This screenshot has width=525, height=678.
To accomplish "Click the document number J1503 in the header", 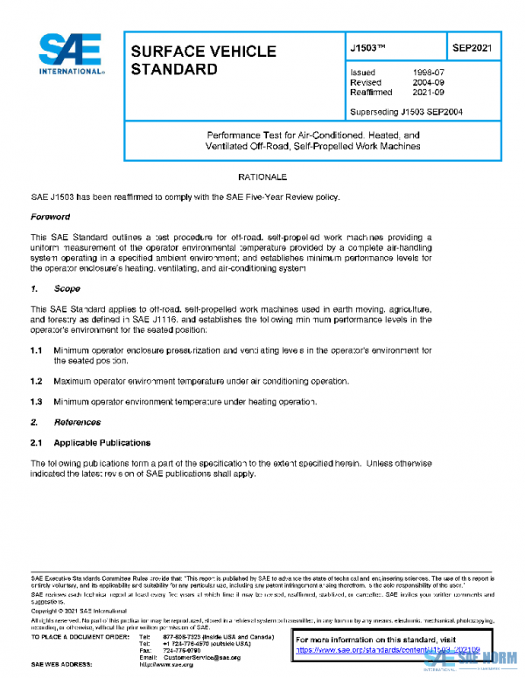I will click(x=369, y=49).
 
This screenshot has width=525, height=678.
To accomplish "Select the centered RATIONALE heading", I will click(x=262, y=177).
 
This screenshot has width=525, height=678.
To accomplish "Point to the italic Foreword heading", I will click(x=51, y=217).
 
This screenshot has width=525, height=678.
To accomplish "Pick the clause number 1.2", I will click(x=37, y=382).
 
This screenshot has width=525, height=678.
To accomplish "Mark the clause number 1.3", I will click(x=37, y=401).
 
